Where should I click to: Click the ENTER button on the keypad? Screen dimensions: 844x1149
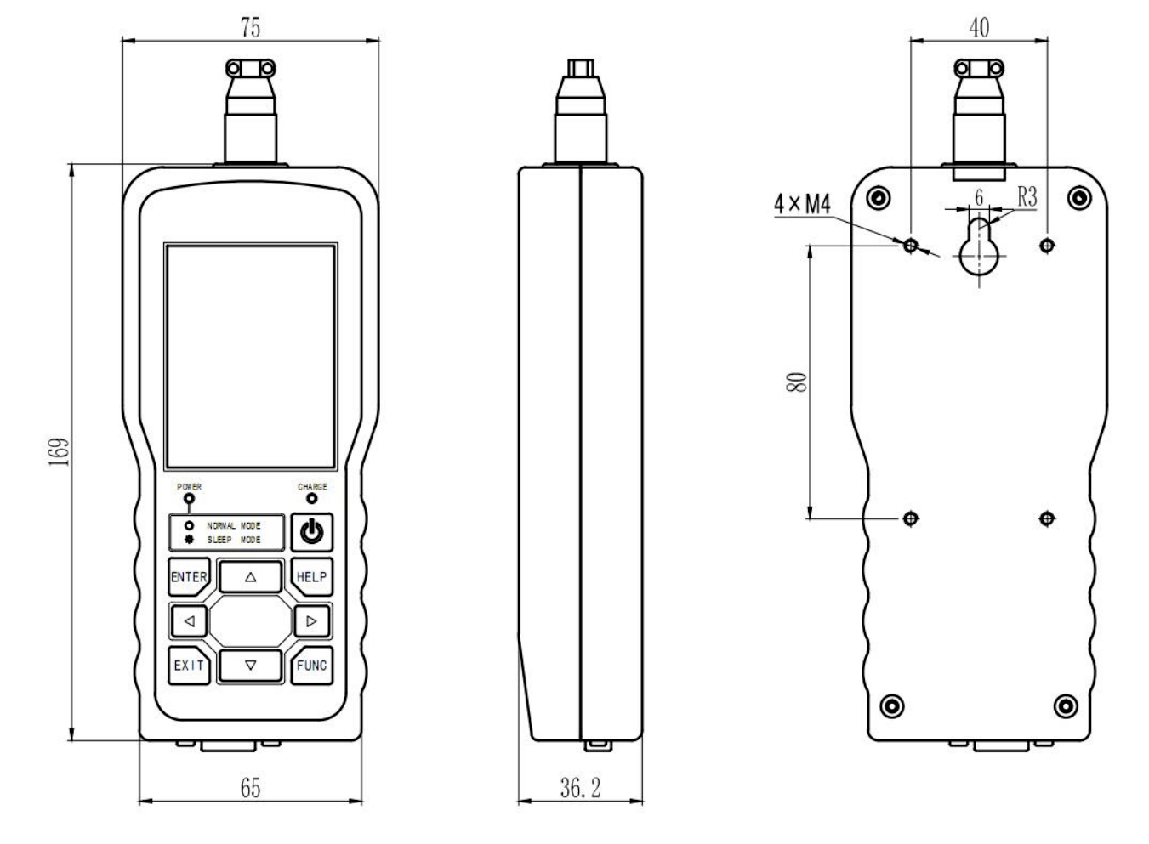pyautogui.click(x=188, y=576)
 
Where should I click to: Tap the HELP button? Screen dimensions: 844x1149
pyautogui.click(x=311, y=576)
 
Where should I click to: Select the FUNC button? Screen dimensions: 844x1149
pyautogui.click(x=311, y=666)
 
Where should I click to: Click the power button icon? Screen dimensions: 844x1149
pyautogui.click(x=311, y=533)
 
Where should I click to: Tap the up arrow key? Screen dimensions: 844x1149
pyautogui.click(x=250, y=576)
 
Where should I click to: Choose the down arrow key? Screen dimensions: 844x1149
pyautogui.click(x=250, y=666)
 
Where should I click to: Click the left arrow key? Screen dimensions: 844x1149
pyautogui.click(x=189, y=621)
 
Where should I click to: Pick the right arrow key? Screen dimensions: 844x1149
pyautogui.click(x=311, y=621)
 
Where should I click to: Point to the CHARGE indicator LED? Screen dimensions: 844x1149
pyautogui.click(x=311, y=499)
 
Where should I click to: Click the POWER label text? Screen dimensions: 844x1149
pyautogui.click(x=189, y=487)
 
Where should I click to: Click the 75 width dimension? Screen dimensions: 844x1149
pyautogui.click(x=250, y=27)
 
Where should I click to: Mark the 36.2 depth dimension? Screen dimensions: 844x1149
pyautogui.click(x=580, y=788)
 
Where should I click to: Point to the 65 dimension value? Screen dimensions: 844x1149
pyautogui.click(x=250, y=788)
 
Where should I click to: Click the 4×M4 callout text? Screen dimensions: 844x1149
pyautogui.click(x=802, y=204)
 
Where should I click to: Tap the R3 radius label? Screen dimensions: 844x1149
pyautogui.click(x=1027, y=197)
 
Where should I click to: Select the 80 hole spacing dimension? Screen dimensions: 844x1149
pyautogui.click(x=797, y=382)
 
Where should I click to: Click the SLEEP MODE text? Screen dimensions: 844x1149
pyautogui.click(x=234, y=540)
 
